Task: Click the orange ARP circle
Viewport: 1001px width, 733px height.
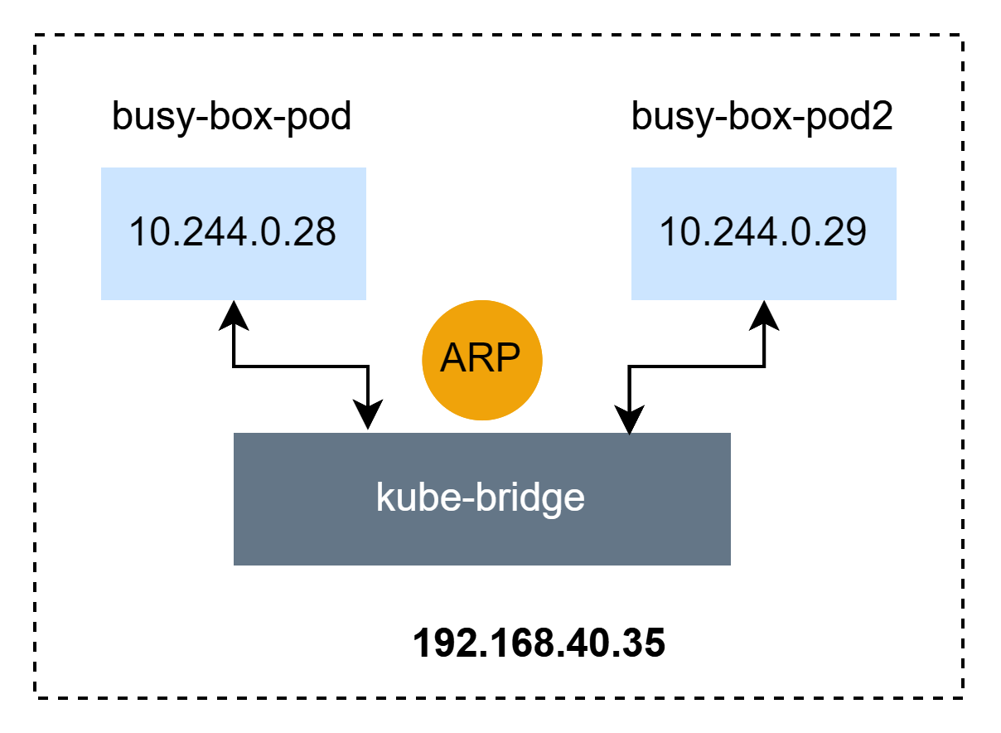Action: pos(481,360)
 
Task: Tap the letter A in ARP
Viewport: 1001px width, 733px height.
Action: pos(455,359)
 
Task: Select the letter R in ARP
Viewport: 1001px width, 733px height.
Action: pos(481,359)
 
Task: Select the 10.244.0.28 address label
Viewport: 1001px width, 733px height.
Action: pos(233,232)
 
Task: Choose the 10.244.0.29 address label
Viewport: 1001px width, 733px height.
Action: pos(763,232)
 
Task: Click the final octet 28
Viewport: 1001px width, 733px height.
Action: pos(314,232)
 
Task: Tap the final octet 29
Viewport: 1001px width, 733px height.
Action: pos(844,232)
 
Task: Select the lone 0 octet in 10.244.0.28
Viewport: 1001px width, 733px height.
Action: pos(268,232)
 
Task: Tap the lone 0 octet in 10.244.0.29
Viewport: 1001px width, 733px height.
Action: pos(799,232)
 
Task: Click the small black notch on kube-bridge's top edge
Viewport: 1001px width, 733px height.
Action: pos(630,434)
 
